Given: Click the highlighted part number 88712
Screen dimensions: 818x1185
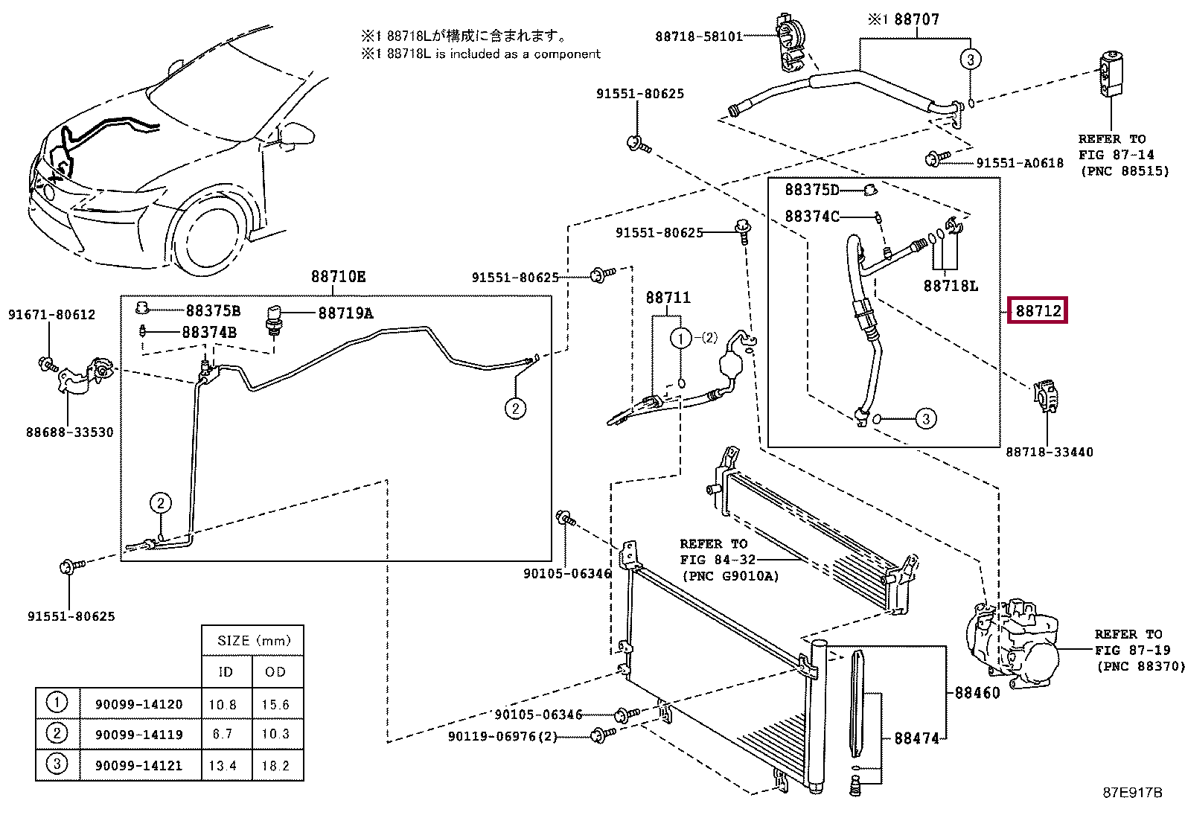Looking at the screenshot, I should click(1038, 310).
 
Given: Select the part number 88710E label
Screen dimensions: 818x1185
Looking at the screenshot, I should click(338, 277).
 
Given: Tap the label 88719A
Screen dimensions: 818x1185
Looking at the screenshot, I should click(345, 313).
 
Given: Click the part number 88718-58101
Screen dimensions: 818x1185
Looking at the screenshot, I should click(699, 36).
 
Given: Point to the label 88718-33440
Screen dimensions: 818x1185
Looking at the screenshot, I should click(1050, 452).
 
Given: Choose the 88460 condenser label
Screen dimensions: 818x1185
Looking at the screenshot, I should click(977, 692).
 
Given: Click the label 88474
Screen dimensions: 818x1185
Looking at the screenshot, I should click(916, 738).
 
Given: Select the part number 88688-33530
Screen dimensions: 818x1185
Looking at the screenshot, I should click(70, 432).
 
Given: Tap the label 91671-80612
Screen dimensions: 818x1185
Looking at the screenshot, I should click(52, 315).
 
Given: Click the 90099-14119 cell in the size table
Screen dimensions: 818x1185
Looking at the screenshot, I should click(138, 734).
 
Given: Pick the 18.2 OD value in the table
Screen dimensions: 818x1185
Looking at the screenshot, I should click(275, 765).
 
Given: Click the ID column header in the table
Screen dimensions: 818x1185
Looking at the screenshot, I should click(226, 672).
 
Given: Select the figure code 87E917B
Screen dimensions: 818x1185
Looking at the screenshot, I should click(1131, 793).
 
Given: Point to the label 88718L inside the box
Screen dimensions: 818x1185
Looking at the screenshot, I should click(951, 286).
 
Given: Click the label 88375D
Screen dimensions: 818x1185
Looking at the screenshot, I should click(812, 191).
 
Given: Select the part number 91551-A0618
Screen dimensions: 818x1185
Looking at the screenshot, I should click(1020, 163).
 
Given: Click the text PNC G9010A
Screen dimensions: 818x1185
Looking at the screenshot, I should click(730, 576).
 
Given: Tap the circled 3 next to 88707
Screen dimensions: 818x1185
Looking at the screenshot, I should click(970, 60).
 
